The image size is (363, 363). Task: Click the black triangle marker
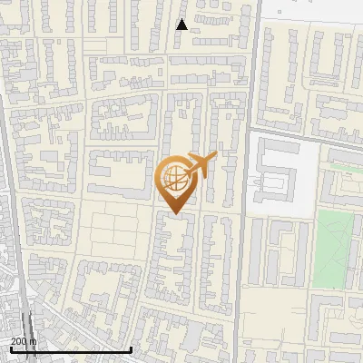tap(181, 25)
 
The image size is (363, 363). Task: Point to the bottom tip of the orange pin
tap(174, 213)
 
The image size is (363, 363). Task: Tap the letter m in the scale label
tap(34, 341)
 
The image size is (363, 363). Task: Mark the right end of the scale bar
tap(132, 349)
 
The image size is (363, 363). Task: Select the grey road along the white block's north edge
tap(299, 138)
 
